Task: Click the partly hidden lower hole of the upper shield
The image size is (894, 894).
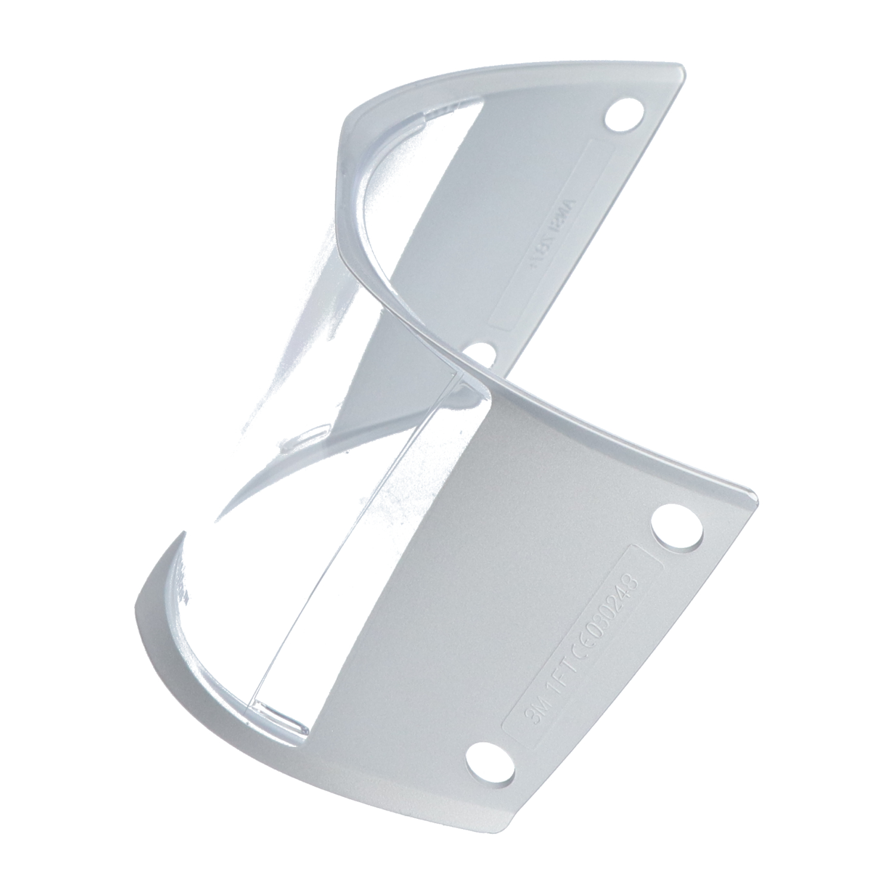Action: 483,354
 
